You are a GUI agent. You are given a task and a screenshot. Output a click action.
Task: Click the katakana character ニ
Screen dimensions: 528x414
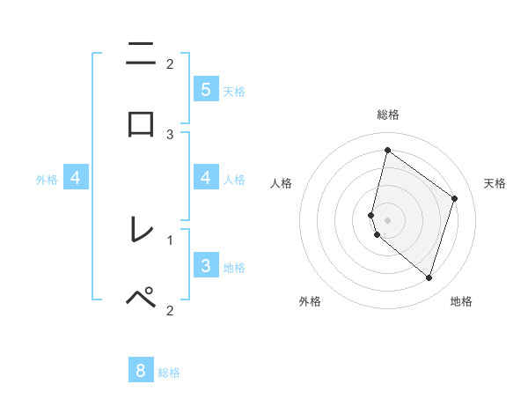coord(141,55)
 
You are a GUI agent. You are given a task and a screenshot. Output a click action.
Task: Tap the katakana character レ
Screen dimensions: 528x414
coord(141,230)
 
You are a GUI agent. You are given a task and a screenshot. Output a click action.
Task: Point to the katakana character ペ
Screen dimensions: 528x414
coord(141,298)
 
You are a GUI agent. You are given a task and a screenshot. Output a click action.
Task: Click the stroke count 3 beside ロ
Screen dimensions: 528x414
coord(170,134)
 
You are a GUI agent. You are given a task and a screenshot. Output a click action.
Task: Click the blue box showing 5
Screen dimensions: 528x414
coord(205,89)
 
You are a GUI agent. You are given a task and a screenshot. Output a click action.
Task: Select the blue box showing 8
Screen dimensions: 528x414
coord(141,370)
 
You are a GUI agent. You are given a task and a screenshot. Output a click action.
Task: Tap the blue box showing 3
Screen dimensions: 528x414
coord(205,265)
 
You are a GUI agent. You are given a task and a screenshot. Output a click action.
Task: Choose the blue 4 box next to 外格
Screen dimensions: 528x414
coord(76,178)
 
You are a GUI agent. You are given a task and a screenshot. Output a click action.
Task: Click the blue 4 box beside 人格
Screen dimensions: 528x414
coord(205,178)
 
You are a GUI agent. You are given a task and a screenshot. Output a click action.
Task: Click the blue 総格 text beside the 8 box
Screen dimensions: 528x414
coord(169,373)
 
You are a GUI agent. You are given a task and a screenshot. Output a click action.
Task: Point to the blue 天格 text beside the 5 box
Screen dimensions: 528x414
coord(234,91)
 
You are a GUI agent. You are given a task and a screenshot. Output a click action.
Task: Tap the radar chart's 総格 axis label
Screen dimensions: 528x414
coord(387,115)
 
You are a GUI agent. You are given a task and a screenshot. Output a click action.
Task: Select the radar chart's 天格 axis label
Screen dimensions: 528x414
coord(495,183)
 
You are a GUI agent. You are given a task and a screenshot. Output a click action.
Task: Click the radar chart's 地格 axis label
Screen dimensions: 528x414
coord(461,301)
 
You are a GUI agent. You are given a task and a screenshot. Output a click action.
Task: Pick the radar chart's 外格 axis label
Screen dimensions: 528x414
coord(310,301)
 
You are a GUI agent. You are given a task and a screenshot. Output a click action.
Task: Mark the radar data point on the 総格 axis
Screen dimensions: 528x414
coord(387,150)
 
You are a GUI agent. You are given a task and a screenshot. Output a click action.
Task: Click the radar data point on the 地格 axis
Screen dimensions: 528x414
coord(429,278)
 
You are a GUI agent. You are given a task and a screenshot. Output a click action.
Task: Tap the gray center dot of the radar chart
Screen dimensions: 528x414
coord(387,219)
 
